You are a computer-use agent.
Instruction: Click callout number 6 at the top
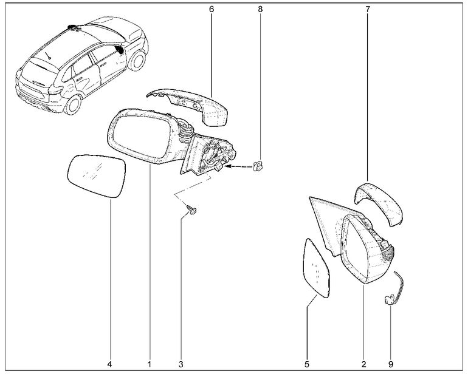tap(212, 10)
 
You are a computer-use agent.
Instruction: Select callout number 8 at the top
tap(260, 10)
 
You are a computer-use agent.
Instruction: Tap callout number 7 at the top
tap(368, 10)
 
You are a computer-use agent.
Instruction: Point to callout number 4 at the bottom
tap(110, 364)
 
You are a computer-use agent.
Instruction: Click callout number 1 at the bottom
tap(149, 364)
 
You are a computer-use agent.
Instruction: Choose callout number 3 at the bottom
tap(181, 364)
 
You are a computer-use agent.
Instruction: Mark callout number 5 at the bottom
tap(307, 364)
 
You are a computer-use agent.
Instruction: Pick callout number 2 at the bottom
tap(363, 364)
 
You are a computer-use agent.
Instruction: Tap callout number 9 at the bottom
tap(391, 364)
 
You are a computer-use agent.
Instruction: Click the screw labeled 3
tap(192, 210)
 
